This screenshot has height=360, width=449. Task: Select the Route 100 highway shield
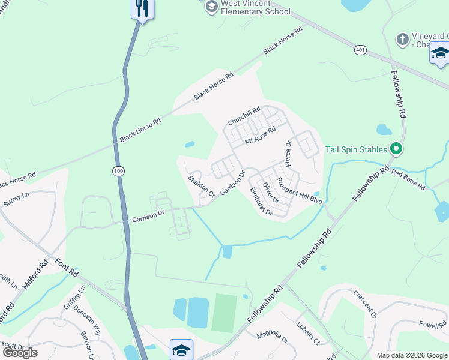118,172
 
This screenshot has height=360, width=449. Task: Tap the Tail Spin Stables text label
357,149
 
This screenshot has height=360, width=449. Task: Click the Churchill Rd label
244,116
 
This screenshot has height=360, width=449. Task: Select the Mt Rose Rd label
260,136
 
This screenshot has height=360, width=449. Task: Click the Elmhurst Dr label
261,202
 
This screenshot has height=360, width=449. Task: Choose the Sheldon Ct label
201,187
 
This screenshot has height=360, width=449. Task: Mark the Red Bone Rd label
408,179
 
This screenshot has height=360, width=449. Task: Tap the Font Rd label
65,268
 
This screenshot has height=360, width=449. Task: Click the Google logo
20,353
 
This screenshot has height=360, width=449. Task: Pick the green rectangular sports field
224,312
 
